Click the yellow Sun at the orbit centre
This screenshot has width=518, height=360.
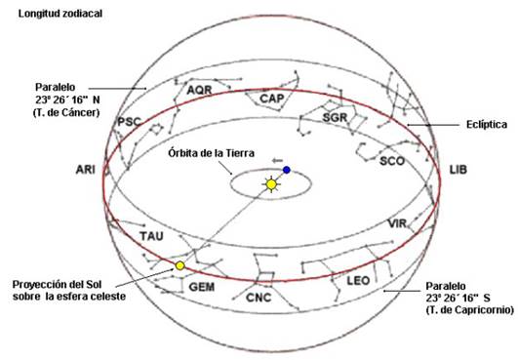(x=271, y=183)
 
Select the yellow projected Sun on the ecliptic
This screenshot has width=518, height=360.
(x=179, y=265)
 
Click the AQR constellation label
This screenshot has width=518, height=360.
(x=199, y=90)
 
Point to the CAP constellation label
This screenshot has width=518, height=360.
(x=271, y=98)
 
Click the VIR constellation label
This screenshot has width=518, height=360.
(x=397, y=224)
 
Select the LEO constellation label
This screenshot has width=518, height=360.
(x=358, y=280)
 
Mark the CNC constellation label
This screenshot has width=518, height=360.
(x=259, y=297)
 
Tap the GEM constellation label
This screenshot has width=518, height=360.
(x=202, y=287)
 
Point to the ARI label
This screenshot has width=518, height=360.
(x=85, y=170)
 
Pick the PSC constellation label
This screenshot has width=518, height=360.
(x=129, y=121)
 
